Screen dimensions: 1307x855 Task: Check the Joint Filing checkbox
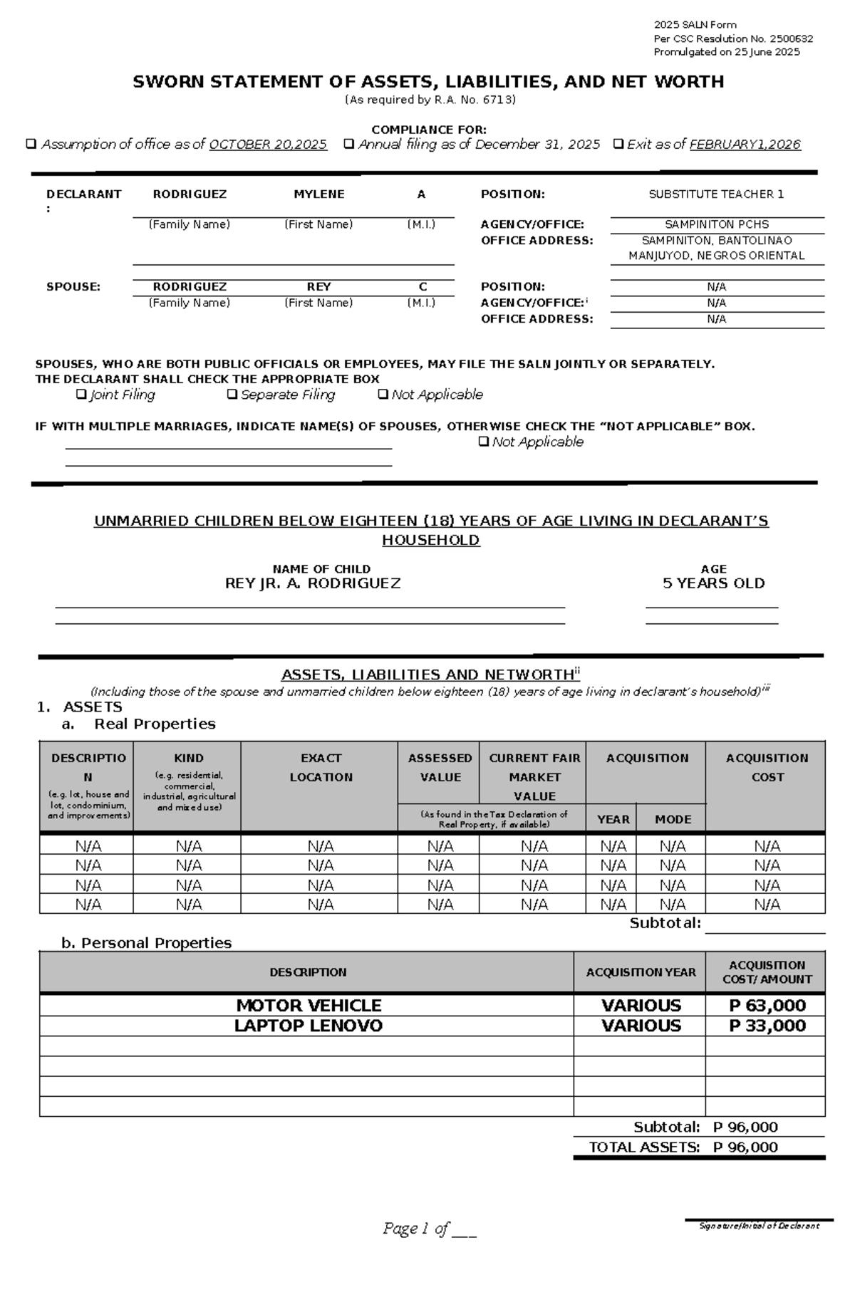point(81,394)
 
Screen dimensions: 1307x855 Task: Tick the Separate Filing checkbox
point(232,394)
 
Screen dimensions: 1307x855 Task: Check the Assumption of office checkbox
point(31,144)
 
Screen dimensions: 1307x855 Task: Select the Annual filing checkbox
point(348,144)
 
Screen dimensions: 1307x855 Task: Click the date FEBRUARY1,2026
point(745,145)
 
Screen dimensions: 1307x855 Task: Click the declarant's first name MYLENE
point(318,194)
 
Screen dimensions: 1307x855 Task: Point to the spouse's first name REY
point(318,286)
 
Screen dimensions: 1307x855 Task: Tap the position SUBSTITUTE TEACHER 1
point(716,194)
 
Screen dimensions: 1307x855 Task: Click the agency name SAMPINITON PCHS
point(716,224)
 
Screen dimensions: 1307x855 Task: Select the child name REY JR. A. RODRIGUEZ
point(313,583)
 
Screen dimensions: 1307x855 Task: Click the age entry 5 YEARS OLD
point(713,583)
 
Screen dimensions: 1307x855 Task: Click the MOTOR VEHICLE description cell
point(309,1005)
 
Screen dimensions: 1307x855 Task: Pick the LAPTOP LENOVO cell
point(309,1026)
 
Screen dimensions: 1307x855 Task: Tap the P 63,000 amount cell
point(767,1005)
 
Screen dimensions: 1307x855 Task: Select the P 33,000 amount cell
point(767,1026)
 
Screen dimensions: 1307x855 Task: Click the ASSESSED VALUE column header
point(440,767)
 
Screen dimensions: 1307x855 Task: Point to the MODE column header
point(673,819)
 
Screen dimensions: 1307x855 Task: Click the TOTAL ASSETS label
point(643,1147)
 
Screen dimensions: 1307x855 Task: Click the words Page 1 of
point(416,1228)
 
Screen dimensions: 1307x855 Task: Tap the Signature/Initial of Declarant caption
point(759,1226)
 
